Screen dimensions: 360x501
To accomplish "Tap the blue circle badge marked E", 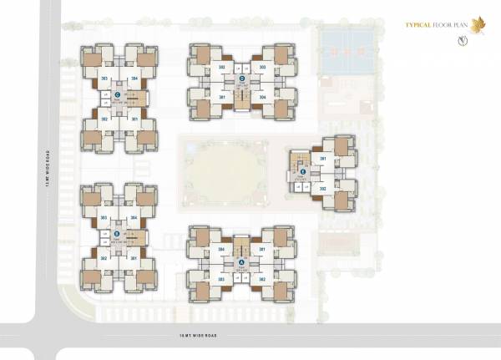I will [x=303, y=172].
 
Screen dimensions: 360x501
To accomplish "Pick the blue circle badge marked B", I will [x=117, y=234].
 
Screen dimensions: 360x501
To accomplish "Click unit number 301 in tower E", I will [x=322, y=158].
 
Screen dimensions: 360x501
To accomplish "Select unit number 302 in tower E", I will [x=322, y=189].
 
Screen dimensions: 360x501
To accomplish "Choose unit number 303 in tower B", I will [x=104, y=218].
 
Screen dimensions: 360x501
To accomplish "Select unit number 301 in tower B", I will [x=134, y=258].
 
